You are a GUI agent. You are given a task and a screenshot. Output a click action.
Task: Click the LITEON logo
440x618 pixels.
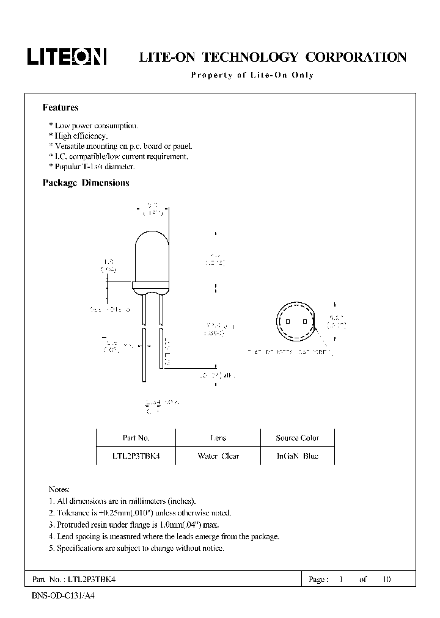(x=67, y=57)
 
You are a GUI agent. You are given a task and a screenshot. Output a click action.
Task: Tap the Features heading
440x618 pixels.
(x=60, y=107)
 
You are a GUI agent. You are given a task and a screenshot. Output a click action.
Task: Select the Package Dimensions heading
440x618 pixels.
(x=86, y=183)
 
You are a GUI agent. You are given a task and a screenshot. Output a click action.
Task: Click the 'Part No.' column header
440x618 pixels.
(x=136, y=438)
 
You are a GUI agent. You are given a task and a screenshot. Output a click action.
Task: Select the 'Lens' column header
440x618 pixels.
(x=218, y=438)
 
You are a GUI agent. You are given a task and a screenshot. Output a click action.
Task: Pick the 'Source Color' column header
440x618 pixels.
(x=297, y=438)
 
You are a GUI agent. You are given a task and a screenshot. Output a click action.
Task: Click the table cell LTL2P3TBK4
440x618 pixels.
(x=136, y=456)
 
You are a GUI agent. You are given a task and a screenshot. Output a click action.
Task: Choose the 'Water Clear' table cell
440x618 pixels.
(x=218, y=456)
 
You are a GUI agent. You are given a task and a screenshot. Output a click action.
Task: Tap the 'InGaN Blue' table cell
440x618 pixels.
(x=297, y=456)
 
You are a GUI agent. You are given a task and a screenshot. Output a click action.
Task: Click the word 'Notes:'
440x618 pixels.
(x=59, y=490)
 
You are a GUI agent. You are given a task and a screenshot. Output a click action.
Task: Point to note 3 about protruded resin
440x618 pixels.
(x=133, y=525)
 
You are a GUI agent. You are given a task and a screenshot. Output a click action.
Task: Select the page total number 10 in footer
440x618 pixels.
(x=386, y=579)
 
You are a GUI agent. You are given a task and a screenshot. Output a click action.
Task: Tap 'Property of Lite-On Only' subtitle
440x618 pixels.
(x=252, y=75)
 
